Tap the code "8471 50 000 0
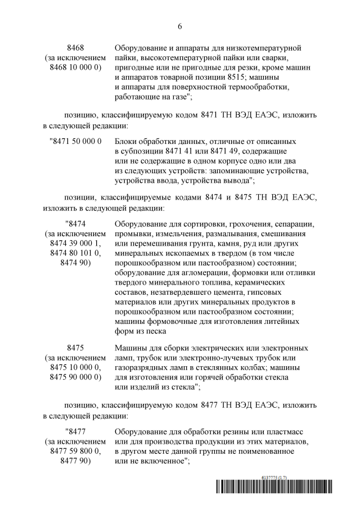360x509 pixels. pyautogui.click(x=75, y=141)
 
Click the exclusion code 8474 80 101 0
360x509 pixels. pyautogui.click(x=75, y=254)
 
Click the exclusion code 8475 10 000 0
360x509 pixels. pyautogui.click(x=75, y=367)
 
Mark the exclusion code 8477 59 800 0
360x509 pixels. pyautogui.click(x=75, y=452)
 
